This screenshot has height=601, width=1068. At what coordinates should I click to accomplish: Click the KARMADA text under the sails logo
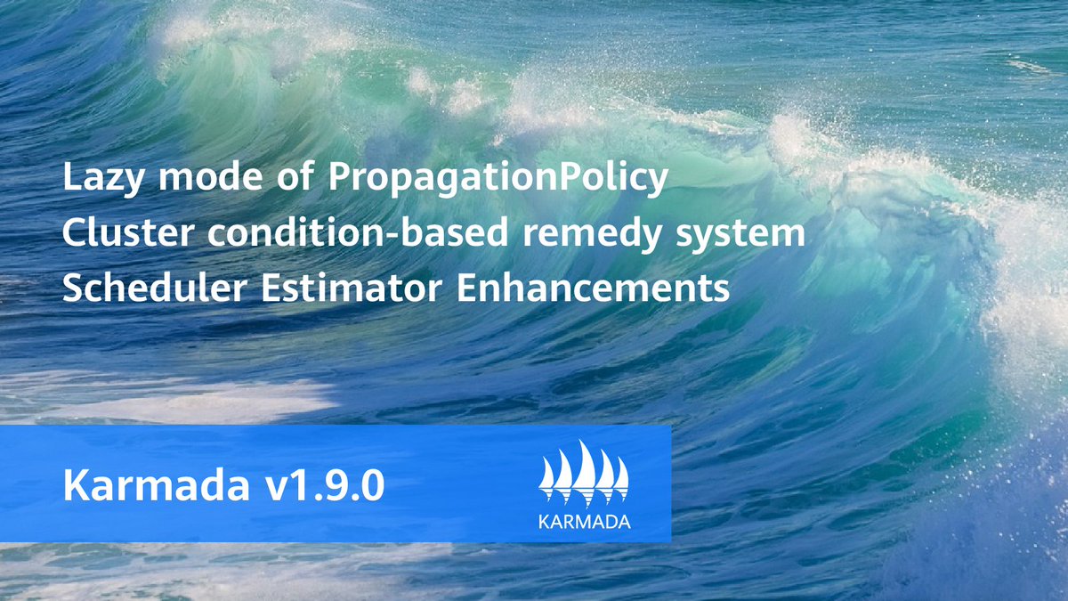[585, 521]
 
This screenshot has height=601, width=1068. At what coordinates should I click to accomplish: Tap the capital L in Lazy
[72, 179]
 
